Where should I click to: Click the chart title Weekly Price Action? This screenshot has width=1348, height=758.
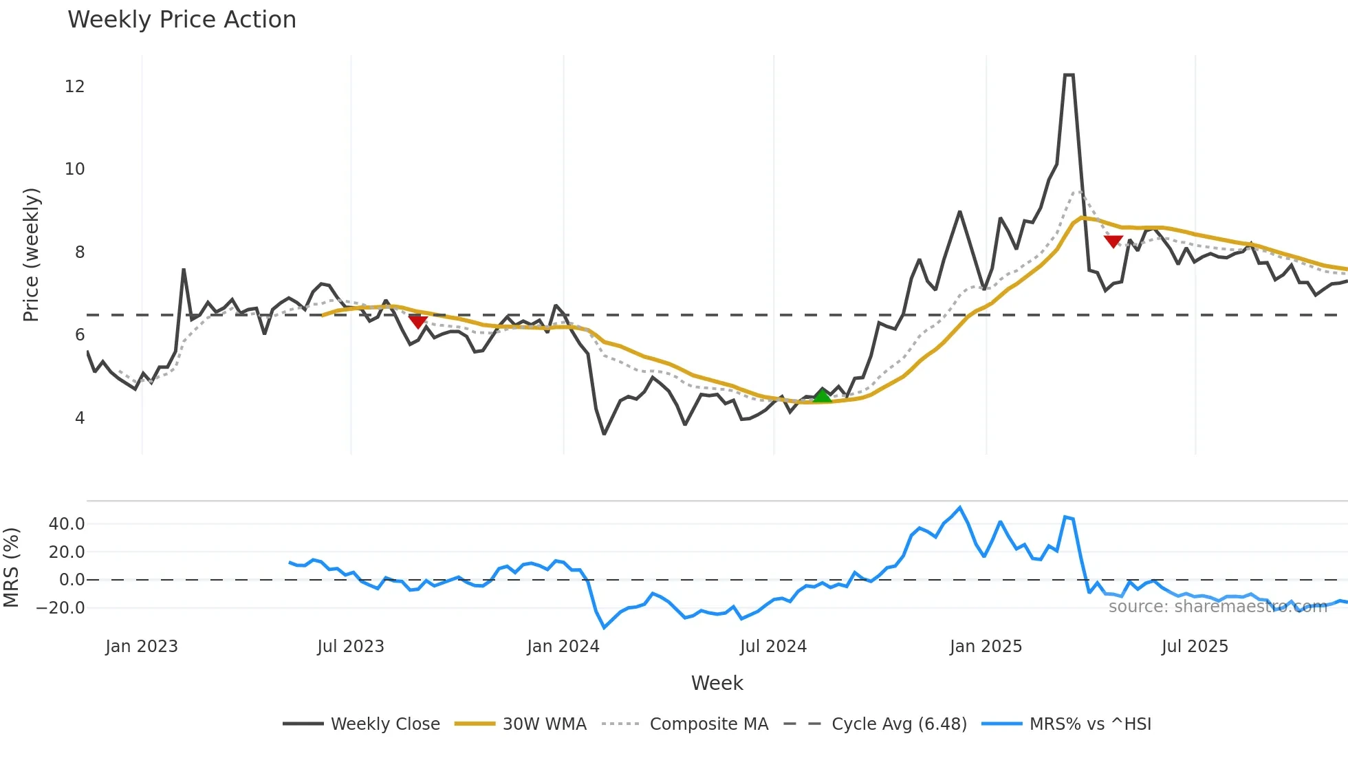click(x=182, y=20)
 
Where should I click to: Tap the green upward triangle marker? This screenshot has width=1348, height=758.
click(x=823, y=396)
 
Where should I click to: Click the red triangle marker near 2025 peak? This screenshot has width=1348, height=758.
click(x=1113, y=241)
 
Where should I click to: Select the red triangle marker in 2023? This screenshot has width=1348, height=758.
click(x=417, y=321)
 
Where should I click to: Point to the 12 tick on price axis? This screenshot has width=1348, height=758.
click(x=75, y=87)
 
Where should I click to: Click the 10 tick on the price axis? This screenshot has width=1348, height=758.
click(x=75, y=169)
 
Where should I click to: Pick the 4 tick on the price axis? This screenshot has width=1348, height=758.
click(x=80, y=418)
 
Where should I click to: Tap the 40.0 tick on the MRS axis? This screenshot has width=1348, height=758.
click(x=67, y=524)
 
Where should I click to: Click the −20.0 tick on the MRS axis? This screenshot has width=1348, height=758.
click(x=61, y=608)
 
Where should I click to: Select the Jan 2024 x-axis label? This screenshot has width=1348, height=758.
click(x=563, y=647)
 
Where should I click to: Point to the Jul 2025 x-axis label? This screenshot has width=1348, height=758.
click(x=1195, y=647)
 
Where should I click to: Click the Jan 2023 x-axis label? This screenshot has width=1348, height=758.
click(x=142, y=647)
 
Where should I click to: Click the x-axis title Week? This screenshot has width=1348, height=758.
click(x=717, y=683)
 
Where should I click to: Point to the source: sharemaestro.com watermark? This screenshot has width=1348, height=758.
click(x=1217, y=607)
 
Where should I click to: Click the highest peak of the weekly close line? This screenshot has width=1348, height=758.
click(x=1069, y=75)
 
